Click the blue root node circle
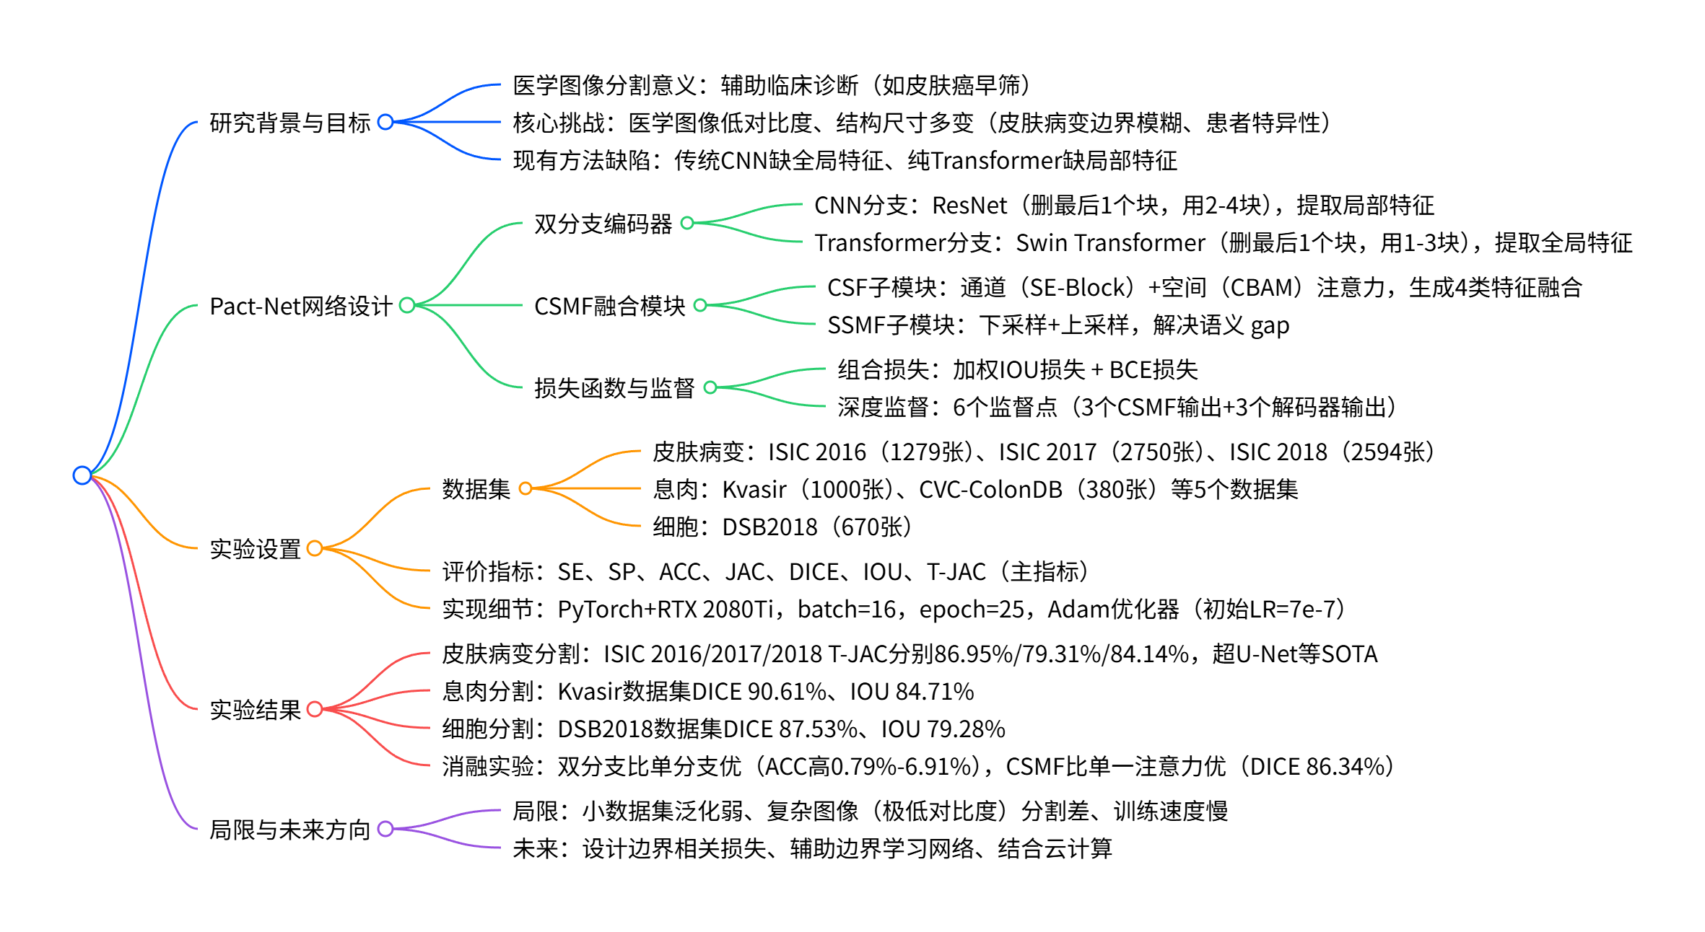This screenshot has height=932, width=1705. click(x=82, y=475)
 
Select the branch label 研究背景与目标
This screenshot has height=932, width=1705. click(x=289, y=123)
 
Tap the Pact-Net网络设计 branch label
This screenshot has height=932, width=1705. click(x=300, y=306)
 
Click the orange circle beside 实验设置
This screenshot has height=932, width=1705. click(x=315, y=548)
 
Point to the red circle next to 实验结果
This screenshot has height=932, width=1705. click(x=315, y=709)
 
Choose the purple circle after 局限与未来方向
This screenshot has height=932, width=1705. click(x=385, y=829)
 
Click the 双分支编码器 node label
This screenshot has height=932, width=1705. click(x=603, y=224)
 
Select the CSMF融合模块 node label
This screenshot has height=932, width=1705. click(x=609, y=306)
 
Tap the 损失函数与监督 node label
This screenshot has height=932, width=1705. click(x=614, y=388)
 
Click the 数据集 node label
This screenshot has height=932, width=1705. click(x=476, y=489)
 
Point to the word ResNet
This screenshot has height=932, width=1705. click(x=969, y=206)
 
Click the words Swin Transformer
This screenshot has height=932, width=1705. click(x=1110, y=243)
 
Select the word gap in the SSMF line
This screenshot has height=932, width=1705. click(x=1270, y=326)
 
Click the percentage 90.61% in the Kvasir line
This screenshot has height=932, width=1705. click(x=787, y=692)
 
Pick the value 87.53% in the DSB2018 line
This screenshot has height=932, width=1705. click(x=819, y=729)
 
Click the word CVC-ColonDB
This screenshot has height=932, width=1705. click(x=990, y=490)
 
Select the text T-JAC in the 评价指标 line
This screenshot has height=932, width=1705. click(x=956, y=572)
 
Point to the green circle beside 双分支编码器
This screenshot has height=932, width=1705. click(x=687, y=223)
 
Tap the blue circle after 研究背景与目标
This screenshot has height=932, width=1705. click(x=385, y=122)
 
